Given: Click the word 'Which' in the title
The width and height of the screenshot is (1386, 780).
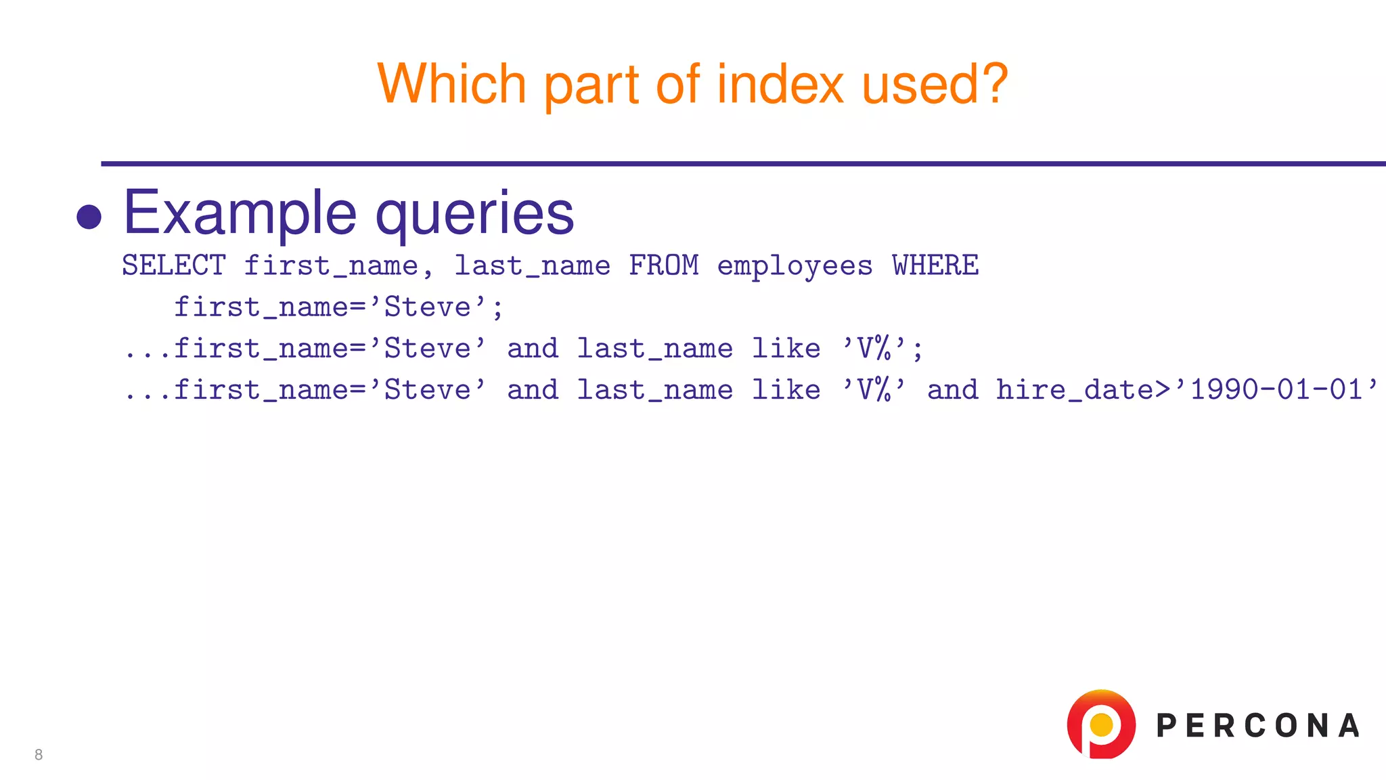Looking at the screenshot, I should (451, 84).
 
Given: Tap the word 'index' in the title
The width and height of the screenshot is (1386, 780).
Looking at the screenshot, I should (780, 84).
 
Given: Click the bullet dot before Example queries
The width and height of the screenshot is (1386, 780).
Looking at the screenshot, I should (89, 217).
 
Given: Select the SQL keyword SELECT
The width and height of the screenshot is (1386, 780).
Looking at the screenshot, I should (174, 265).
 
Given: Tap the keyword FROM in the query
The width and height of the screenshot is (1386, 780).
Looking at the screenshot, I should (664, 265).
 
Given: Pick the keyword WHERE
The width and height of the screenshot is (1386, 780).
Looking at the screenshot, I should (935, 265).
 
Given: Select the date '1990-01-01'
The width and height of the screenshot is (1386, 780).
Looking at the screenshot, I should (1276, 390).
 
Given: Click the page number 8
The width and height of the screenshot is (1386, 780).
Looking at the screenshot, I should (39, 755).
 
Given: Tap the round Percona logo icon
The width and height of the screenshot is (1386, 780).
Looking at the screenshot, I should (1101, 724).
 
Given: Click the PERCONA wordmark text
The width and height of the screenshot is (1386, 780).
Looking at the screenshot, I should (1258, 726).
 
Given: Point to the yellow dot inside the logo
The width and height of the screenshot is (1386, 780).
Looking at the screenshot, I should (1102, 724).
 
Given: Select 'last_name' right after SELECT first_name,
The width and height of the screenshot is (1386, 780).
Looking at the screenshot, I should (532, 265).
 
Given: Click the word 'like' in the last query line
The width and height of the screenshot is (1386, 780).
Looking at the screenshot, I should (786, 390).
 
